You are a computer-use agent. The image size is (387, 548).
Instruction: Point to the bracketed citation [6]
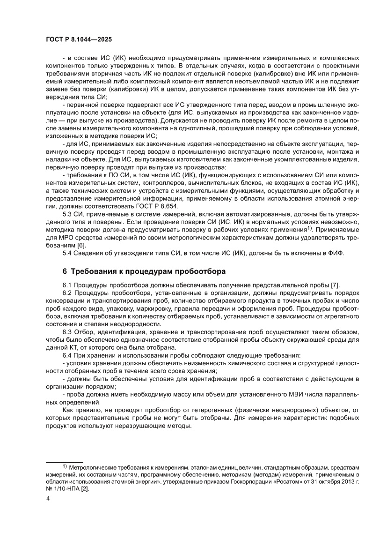pos(81,246)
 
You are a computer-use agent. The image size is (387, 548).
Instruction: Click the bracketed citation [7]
pos(335,285)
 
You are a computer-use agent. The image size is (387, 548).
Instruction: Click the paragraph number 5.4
pos(68,254)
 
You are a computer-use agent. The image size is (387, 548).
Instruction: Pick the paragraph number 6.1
pos(68,285)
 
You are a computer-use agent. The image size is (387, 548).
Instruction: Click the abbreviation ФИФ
pos(336,254)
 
